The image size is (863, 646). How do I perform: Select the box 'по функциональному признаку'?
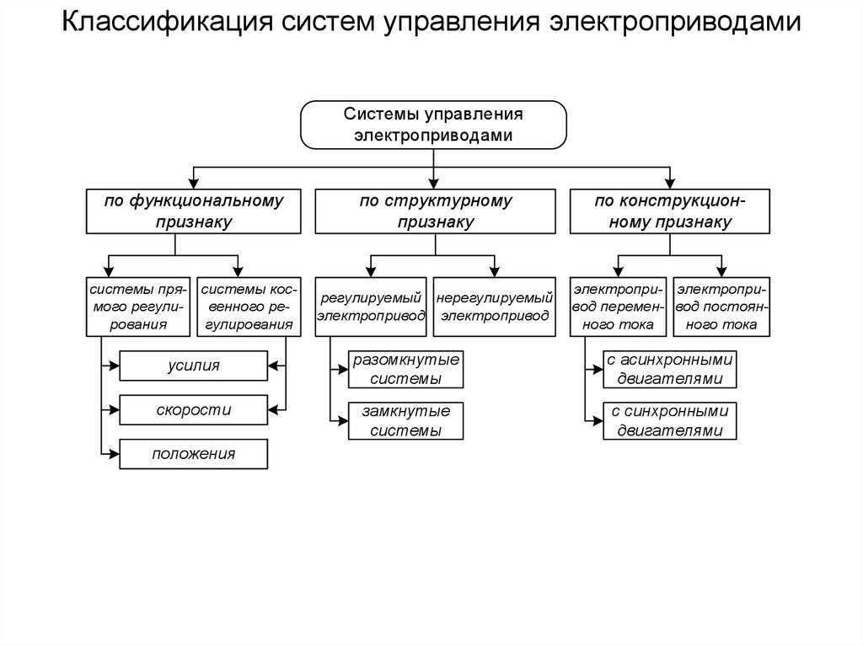[193, 211]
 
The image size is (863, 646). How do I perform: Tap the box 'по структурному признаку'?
[436, 211]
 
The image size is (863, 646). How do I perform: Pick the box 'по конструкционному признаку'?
[670, 211]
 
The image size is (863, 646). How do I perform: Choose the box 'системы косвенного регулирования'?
[247, 307]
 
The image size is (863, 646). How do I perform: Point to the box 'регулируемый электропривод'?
[370, 307]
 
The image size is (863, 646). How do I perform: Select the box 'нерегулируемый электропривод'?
[495, 307]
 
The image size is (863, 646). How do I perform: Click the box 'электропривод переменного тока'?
[619, 307]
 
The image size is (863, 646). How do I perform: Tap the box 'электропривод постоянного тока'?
[721, 307]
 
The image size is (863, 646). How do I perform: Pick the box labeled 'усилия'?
[193, 366]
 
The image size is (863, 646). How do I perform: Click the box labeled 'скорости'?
[193, 410]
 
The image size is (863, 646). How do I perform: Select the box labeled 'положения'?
[193, 455]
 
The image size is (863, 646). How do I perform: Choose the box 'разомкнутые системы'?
[406, 369]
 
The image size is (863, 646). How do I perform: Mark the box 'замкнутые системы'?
[406, 420]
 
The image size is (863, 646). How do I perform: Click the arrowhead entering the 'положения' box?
[115, 455]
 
